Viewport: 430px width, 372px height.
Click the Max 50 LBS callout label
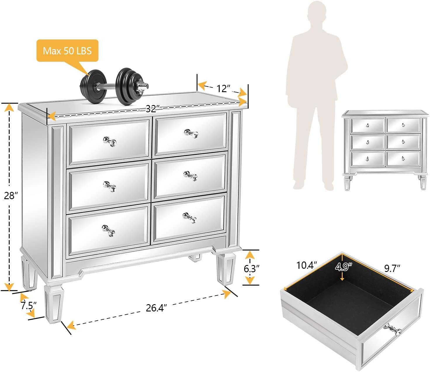coord(67,51)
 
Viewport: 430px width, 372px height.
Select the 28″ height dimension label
coord(11,196)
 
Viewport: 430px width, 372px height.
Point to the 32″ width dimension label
coord(151,109)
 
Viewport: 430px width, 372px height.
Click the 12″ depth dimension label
coord(223,88)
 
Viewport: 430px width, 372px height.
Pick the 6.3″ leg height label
coord(251,268)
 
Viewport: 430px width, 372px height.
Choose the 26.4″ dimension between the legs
coord(156,308)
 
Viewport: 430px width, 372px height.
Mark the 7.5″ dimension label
coord(28,306)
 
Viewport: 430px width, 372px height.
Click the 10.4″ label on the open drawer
coord(306,265)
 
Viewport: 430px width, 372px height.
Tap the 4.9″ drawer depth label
coord(344,267)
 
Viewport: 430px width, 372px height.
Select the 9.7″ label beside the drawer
coord(392,268)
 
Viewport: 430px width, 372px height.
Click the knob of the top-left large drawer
coord(110,142)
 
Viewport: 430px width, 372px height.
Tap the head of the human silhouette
coord(317,13)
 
